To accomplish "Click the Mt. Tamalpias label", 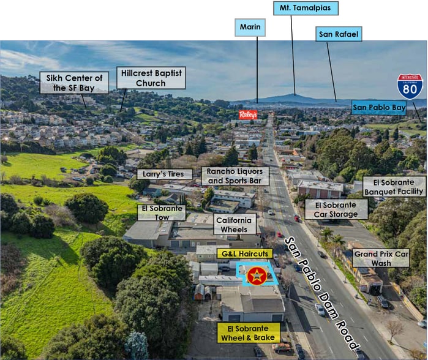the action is point(306,8).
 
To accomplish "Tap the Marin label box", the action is point(250,28).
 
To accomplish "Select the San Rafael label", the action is point(339,34).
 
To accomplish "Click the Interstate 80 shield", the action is point(410,86).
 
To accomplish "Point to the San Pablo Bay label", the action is point(379,107).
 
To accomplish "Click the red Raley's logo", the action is point(248,114).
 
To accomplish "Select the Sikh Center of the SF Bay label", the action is point(74,83).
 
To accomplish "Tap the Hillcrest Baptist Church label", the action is point(151,78).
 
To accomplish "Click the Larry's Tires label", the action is point(163,174).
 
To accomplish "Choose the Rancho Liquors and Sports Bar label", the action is point(235,176).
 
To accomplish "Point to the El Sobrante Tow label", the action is point(162,213).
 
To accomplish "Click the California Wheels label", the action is point(234,225).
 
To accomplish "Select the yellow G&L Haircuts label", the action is point(245,254).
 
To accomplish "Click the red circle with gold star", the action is point(257,276).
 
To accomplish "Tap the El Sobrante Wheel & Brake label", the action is point(248,333).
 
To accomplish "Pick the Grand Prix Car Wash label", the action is point(381,258).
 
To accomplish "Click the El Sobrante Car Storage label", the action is point(336,209).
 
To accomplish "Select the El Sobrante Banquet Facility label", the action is point(394,187).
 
